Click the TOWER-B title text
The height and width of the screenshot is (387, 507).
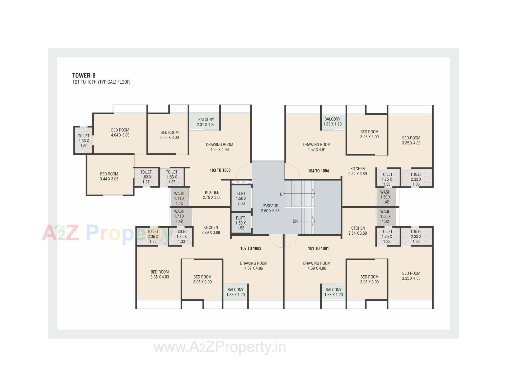[x=84, y=75]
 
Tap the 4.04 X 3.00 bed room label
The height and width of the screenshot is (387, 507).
[x=120, y=133]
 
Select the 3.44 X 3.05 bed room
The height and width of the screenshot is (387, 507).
[x=109, y=176]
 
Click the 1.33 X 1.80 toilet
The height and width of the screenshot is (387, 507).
[x=84, y=141]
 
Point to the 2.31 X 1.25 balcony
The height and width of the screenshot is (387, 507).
[x=206, y=122]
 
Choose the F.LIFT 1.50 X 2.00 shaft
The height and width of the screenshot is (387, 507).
[x=241, y=198]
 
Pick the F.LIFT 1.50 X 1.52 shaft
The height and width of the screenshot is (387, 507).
[x=241, y=223]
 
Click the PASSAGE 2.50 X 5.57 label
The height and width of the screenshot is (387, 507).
[x=270, y=208]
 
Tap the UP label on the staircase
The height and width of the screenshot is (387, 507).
[x=282, y=194]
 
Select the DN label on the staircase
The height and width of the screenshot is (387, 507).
[x=295, y=221]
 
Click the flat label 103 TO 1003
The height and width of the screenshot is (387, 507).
[x=220, y=170]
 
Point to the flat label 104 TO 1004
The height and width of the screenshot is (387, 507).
[x=318, y=171]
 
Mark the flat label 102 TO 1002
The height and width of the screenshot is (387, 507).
[x=251, y=248]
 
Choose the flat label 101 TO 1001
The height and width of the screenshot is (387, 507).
[x=318, y=248]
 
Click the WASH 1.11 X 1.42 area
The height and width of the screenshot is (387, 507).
[x=179, y=198]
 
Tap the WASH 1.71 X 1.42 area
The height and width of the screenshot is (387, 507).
[x=179, y=216]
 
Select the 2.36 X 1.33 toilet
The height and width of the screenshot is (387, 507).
[x=153, y=236]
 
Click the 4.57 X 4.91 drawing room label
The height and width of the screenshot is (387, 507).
[x=317, y=147]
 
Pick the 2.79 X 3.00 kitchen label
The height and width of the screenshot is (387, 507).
[x=212, y=195]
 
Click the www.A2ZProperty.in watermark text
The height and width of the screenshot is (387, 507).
[x=220, y=347]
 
